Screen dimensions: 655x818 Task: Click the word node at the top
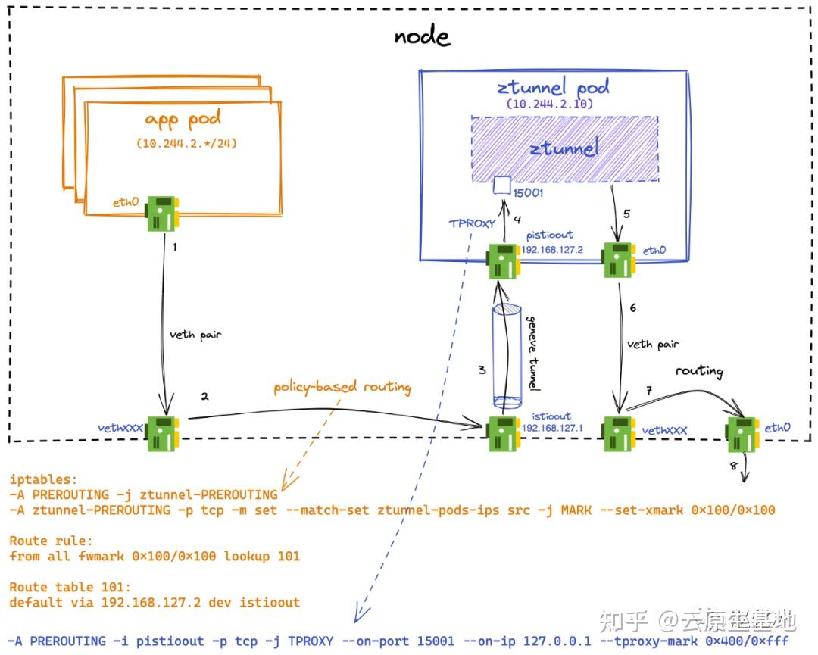click(x=422, y=36)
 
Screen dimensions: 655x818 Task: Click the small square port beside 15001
click(x=500, y=183)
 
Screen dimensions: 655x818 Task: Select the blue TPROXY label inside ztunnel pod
click(x=473, y=223)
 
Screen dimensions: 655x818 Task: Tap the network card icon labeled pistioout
click(x=503, y=260)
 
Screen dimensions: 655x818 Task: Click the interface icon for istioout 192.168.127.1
click(x=503, y=432)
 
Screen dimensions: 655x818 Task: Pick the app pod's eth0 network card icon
click(x=163, y=213)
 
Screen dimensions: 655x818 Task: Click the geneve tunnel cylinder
click(x=506, y=354)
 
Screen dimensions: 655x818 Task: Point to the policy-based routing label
click(x=343, y=388)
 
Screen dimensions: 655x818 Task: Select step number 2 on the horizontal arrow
click(x=204, y=396)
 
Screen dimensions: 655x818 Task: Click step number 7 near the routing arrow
click(x=648, y=390)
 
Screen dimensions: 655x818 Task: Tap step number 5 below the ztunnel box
click(x=626, y=214)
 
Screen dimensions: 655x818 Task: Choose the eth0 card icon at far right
click(x=742, y=433)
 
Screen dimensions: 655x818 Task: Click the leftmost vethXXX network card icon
click(x=163, y=432)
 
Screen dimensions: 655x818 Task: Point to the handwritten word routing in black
click(x=699, y=371)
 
